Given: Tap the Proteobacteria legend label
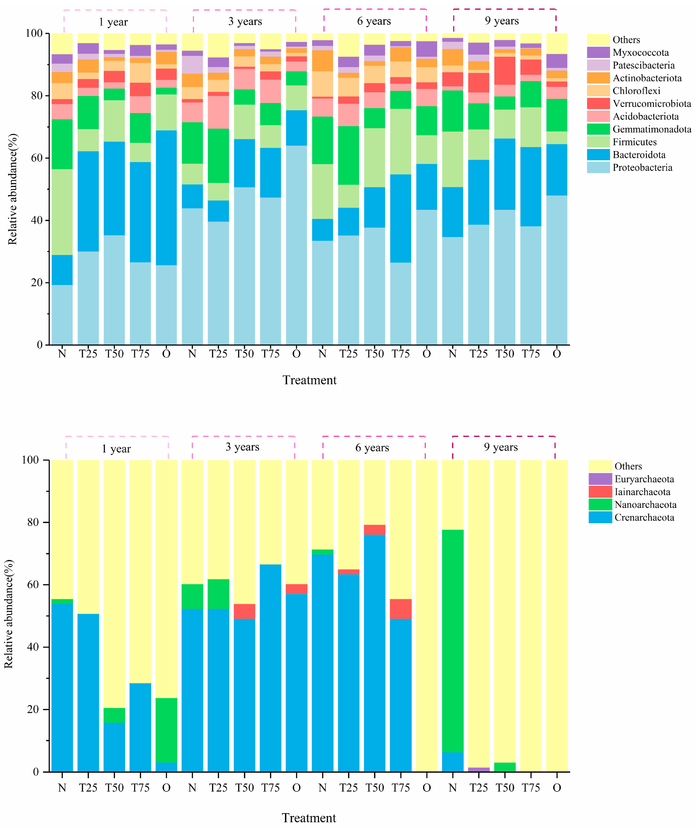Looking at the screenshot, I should [x=642, y=167].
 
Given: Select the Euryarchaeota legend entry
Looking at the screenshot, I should [x=644, y=479].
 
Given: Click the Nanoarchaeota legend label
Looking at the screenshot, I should [x=645, y=505].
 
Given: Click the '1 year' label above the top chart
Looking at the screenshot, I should [x=113, y=22].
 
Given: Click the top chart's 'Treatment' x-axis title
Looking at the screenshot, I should [x=309, y=380].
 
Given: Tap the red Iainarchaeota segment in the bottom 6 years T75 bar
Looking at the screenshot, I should [x=400, y=609].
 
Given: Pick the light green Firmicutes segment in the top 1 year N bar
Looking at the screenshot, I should [x=62, y=212].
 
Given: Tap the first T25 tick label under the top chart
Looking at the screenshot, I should [x=88, y=354].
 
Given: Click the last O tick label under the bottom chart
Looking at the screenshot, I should [x=556, y=788].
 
